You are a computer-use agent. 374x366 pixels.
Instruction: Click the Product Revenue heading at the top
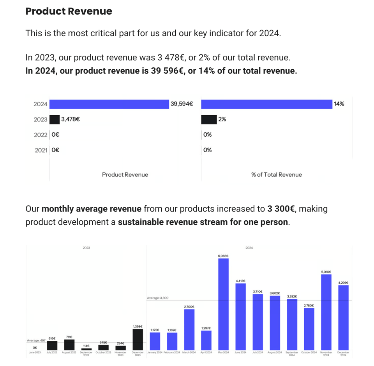pos(69,11)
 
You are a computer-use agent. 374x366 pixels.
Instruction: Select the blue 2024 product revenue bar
pos(109,104)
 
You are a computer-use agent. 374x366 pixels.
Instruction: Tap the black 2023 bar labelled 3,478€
pos(55,120)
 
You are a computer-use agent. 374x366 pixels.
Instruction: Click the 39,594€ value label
pos(182,104)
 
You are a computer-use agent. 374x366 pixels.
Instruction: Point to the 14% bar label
pos(339,104)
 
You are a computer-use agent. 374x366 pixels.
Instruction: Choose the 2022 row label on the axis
pos(40,135)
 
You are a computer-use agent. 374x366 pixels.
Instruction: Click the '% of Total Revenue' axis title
pos(276,175)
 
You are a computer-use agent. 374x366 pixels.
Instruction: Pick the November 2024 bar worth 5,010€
pos(326,311)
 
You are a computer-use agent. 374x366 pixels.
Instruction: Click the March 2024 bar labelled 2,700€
pos(189,329)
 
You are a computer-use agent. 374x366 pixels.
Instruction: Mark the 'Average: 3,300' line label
pos(157,298)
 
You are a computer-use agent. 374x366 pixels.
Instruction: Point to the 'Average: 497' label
pos(36,340)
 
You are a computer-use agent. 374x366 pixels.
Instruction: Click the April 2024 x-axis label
pos(206,352)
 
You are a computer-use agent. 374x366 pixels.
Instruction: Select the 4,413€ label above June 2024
pos(240,281)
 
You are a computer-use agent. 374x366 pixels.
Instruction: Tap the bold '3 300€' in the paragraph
pos(280,209)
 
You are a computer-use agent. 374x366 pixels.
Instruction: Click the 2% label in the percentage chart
pos(222,120)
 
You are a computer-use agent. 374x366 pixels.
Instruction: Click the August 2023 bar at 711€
pos(69,345)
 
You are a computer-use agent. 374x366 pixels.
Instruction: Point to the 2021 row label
pos(41,150)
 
